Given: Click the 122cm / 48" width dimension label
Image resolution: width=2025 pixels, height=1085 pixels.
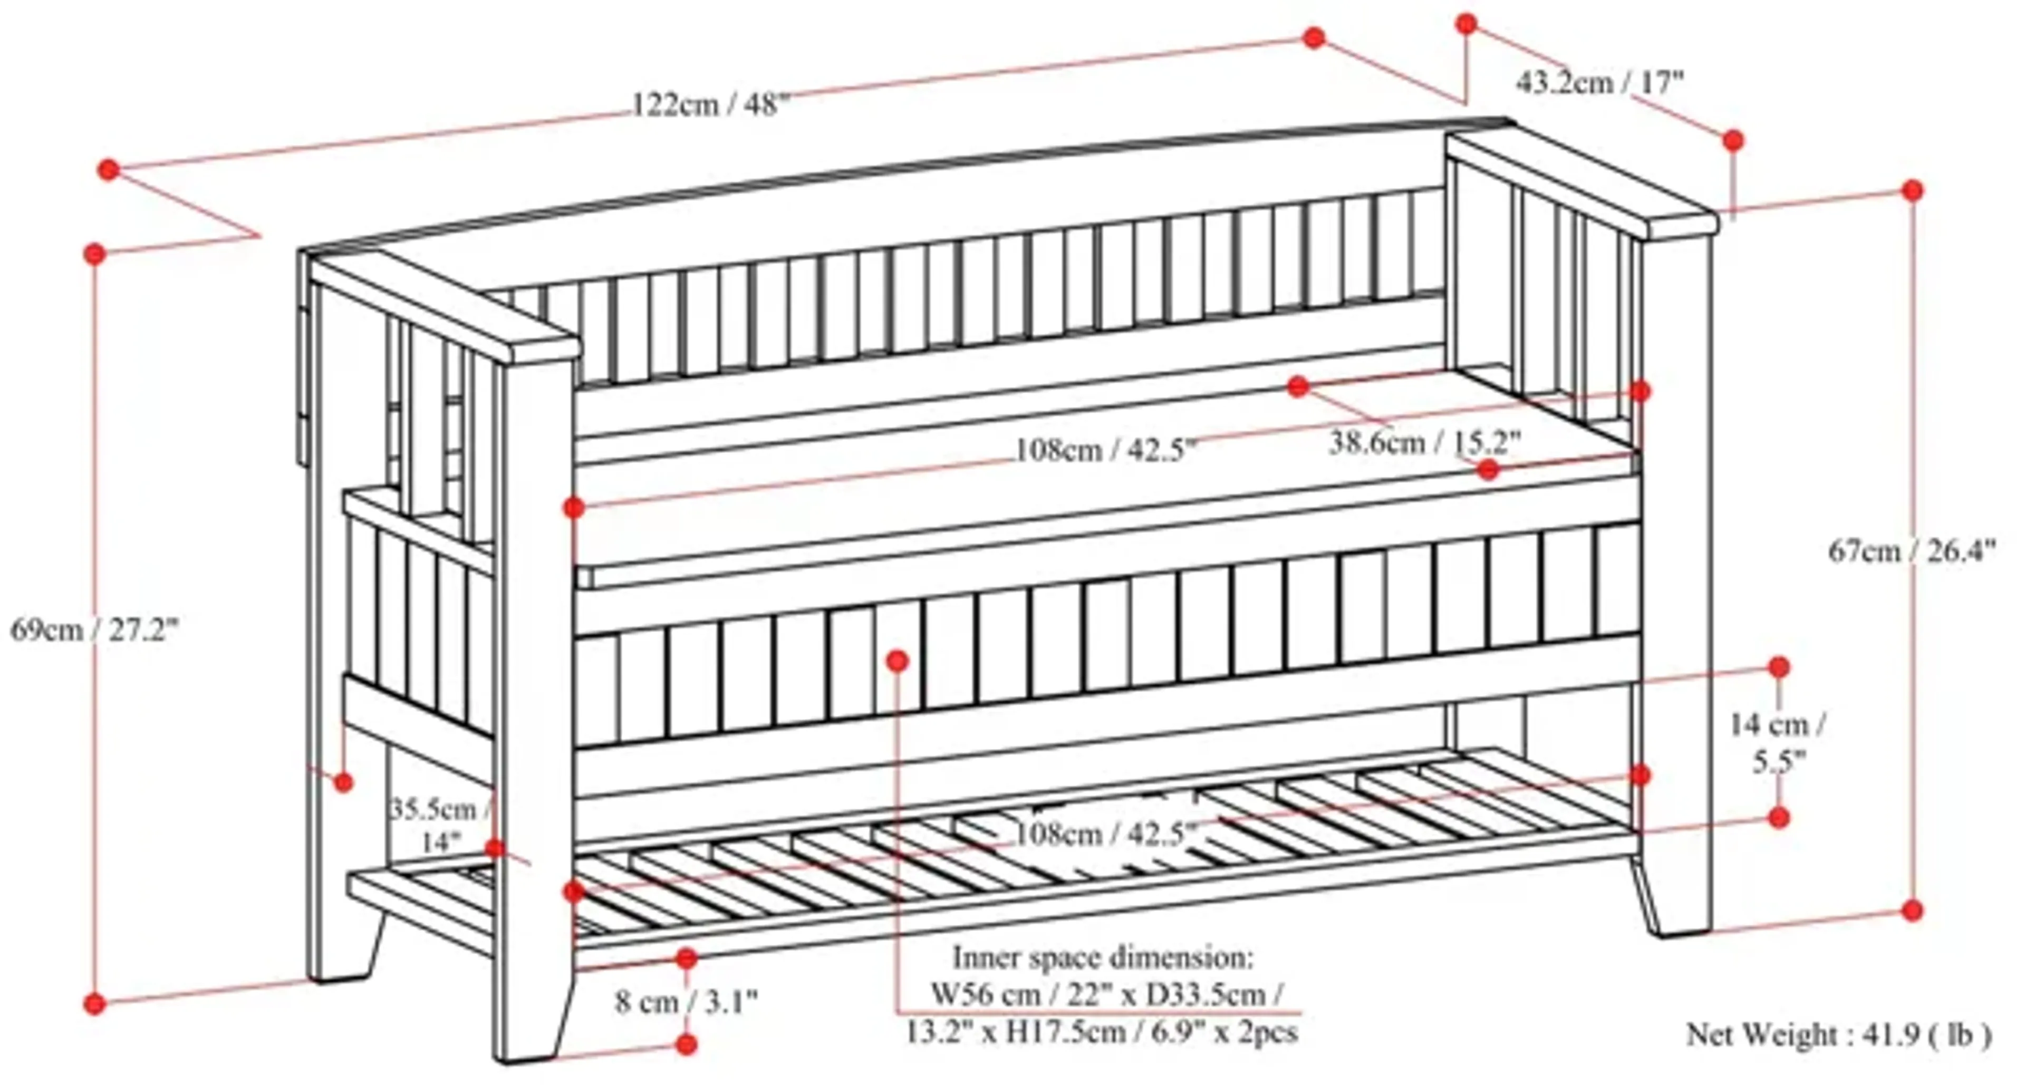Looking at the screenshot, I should pyautogui.click(x=709, y=104).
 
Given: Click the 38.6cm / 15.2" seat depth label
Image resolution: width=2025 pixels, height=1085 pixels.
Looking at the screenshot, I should pyautogui.click(x=1424, y=443).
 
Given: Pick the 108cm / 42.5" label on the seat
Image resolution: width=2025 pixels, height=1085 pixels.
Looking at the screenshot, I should pyautogui.click(x=1106, y=450).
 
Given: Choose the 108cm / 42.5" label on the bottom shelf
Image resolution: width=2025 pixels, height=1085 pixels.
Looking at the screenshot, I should pyautogui.click(x=1106, y=834).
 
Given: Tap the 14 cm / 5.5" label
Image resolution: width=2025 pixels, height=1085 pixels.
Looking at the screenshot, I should pyautogui.click(x=1778, y=742).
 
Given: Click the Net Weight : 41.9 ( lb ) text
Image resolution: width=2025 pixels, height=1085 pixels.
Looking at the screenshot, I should pyautogui.click(x=1838, y=1035).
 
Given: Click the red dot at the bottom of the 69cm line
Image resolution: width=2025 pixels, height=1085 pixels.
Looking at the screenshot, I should pyautogui.click(x=94, y=1003).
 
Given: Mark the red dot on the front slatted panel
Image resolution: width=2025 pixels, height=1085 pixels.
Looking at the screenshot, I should pyautogui.click(x=897, y=661).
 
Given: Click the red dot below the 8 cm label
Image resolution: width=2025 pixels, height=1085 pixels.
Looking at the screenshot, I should pyautogui.click(x=686, y=1044).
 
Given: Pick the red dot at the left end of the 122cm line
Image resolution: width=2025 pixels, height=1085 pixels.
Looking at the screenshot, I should pyautogui.click(x=109, y=170).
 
